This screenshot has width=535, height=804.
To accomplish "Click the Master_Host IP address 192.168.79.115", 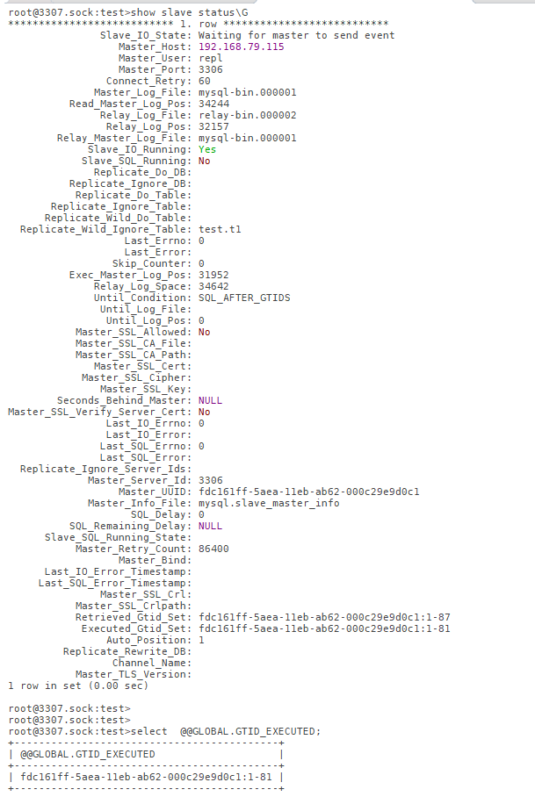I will point(242,47).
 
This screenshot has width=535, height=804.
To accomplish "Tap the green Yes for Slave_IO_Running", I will point(207,149).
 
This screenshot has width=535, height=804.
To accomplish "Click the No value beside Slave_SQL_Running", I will point(205,161).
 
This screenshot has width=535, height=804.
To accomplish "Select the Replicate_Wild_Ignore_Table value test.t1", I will point(221,229).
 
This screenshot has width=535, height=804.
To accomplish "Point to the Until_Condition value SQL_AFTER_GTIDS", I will point(244,298).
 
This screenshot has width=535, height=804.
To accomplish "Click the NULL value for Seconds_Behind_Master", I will point(211,400).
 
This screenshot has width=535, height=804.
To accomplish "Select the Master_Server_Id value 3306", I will point(211,480).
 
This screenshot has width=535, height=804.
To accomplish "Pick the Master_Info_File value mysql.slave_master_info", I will point(269,503).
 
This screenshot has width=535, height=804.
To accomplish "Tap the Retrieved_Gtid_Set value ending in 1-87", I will point(324,617).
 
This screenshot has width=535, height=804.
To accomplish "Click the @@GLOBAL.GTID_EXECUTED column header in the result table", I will point(88,754).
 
